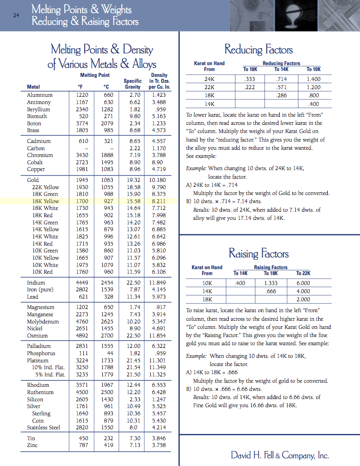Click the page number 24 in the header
coord(16,15)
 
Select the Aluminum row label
coord(39,95)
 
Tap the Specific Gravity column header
coord(133,84)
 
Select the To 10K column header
coord(313,69)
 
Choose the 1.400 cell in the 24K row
coord(313,79)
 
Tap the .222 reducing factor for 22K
coord(249,87)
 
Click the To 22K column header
coord(303,273)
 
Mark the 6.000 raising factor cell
coord(303,283)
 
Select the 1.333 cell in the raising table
coord(270,283)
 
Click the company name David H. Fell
coord(279,455)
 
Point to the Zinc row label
coord(32,445)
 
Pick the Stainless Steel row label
coord(43,428)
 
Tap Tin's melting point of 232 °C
coord(109,438)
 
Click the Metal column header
coord(33,87)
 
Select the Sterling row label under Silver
coord(41,414)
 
